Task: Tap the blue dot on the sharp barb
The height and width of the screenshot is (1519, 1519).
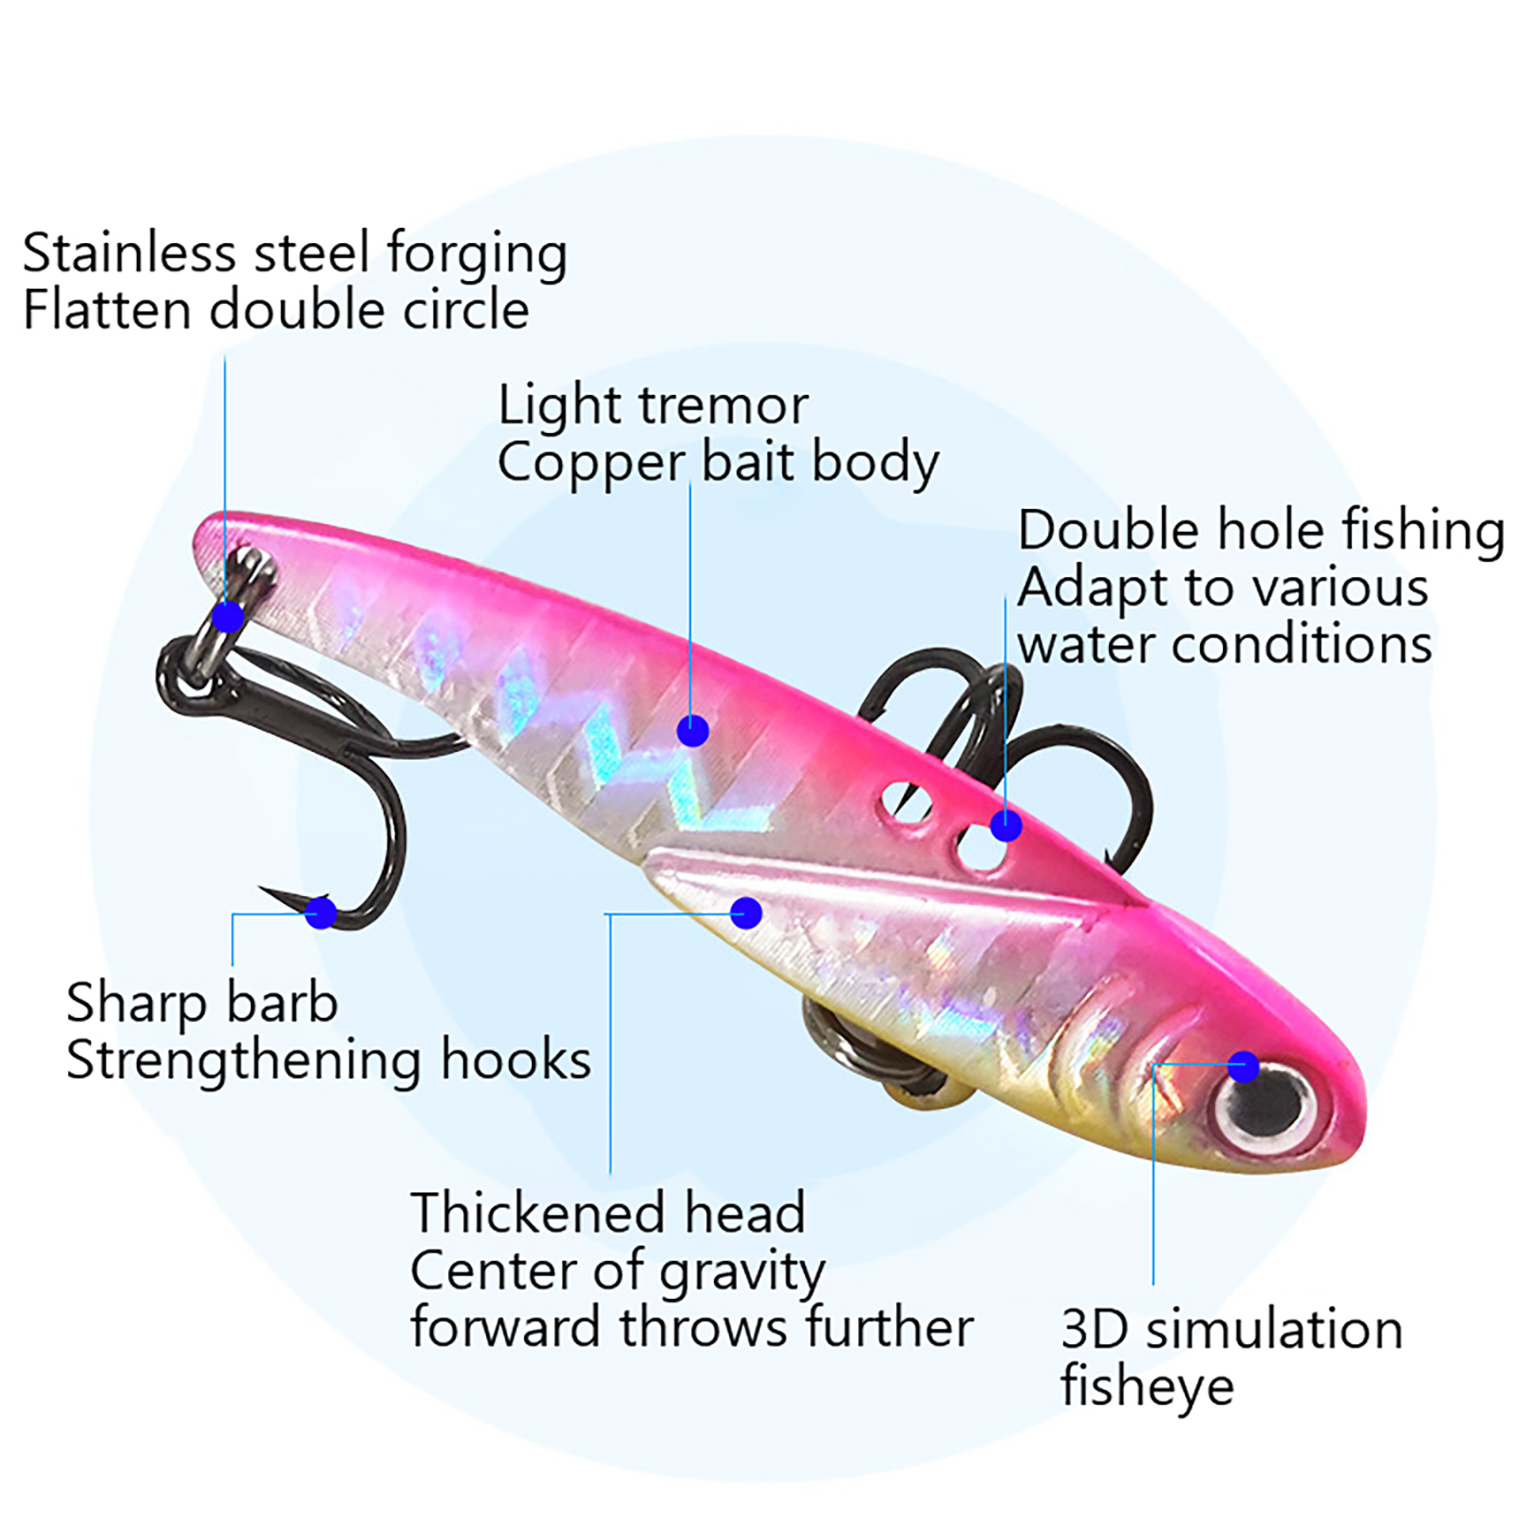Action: tap(322, 913)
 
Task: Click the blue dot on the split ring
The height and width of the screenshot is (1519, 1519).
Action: tap(228, 617)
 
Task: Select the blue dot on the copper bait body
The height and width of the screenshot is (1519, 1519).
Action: tap(693, 730)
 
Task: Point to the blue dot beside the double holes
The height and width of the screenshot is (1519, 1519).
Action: tap(1006, 826)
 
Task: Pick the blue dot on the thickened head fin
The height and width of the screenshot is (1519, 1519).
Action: tap(746, 913)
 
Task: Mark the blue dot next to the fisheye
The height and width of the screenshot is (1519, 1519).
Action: tap(1244, 1066)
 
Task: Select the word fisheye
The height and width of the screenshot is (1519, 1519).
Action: tap(1147, 1387)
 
